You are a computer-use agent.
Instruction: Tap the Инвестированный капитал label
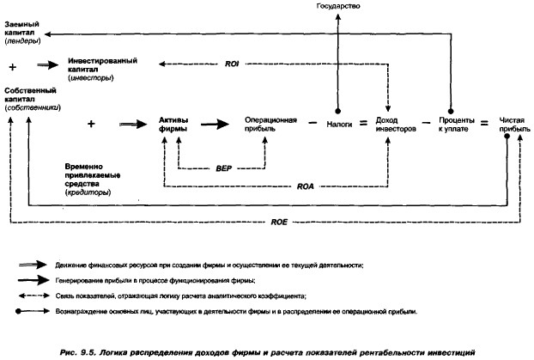point(101,68)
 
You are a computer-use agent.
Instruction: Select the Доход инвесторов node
point(395,124)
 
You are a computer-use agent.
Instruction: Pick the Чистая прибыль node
point(512,124)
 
